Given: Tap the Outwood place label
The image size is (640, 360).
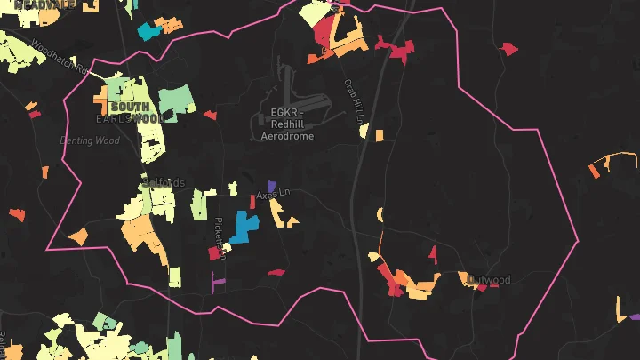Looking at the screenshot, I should pyautogui.click(x=490, y=280).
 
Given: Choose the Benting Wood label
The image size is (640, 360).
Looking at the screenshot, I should pyautogui.click(x=89, y=140).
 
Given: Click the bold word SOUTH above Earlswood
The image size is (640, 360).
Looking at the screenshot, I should pyautogui.click(x=129, y=107).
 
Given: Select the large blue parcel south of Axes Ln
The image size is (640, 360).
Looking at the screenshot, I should pyautogui.click(x=242, y=228).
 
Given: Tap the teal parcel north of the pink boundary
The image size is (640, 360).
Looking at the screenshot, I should pyautogui.click(x=147, y=33).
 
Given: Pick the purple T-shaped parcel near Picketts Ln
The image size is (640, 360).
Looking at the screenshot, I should pyautogui.click(x=217, y=281).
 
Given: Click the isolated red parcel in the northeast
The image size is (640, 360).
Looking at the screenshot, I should pyautogui.click(x=508, y=48).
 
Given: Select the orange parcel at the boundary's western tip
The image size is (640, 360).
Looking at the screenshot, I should pyautogui.click(x=76, y=236).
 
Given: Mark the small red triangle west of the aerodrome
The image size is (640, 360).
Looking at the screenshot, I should pyautogui.click(x=210, y=115).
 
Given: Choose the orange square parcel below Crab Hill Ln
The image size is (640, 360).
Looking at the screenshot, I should pyautogui.click(x=379, y=136).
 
